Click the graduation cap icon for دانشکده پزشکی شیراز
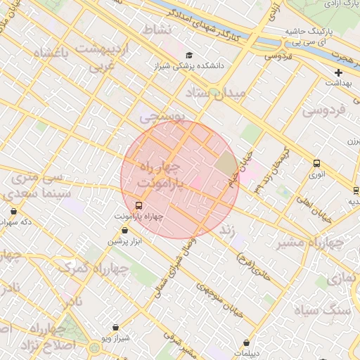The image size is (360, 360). coord(188,56)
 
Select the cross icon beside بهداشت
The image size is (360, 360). coord(338,72)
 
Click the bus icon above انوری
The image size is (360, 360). coord(316,163)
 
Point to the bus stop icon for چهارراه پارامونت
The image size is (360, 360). coord(138,206)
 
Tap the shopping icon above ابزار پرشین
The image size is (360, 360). coord(124,231)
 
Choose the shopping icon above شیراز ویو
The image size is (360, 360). coord(115,328)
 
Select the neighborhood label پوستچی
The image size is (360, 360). coord(162,117)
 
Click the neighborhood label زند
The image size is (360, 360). coord(227,230)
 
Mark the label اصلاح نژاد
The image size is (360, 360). coord(49,345)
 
